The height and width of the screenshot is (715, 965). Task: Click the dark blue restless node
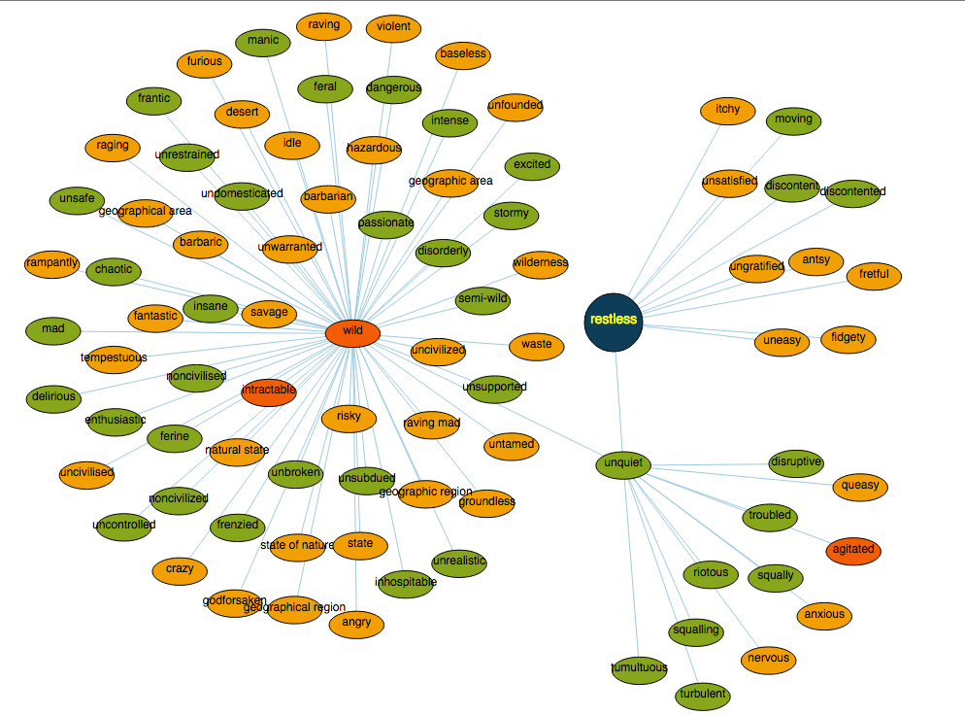613,320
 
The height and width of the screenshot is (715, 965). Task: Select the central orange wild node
352,331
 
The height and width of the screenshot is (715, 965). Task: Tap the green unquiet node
621,464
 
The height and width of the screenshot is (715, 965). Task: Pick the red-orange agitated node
853,550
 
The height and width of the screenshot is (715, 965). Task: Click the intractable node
268,391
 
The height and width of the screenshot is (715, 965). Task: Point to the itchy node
727,110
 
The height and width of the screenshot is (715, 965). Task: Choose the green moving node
793,120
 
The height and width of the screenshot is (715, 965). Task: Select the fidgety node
848,339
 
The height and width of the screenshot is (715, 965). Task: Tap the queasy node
860,486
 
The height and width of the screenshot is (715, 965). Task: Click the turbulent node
702,696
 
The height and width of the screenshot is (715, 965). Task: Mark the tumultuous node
639,668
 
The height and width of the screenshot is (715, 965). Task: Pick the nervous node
768,660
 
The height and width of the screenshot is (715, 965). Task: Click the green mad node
53,329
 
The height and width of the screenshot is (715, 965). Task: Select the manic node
262,41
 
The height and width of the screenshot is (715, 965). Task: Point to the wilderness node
541,263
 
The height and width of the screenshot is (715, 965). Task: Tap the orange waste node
536,345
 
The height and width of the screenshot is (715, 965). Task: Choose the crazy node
180,569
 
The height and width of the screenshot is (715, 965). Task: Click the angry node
356,624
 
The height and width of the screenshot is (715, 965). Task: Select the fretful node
874,275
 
